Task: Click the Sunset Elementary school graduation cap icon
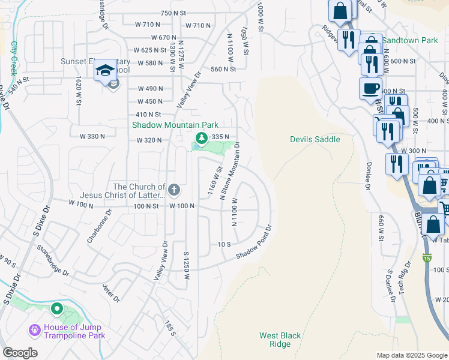click(104, 70)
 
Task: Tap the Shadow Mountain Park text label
click(175, 125)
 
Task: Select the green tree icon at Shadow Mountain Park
click(202, 139)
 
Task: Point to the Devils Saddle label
click(315, 139)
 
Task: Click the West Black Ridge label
click(280, 340)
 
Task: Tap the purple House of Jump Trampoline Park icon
click(34, 331)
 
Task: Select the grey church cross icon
click(174, 190)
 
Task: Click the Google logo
click(20, 353)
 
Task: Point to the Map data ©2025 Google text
click(411, 355)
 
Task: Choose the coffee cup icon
click(370, 88)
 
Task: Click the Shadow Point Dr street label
click(254, 242)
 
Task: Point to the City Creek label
click(13, 58)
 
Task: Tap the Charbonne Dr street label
click(100, 225)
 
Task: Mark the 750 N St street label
click(173, 13)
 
